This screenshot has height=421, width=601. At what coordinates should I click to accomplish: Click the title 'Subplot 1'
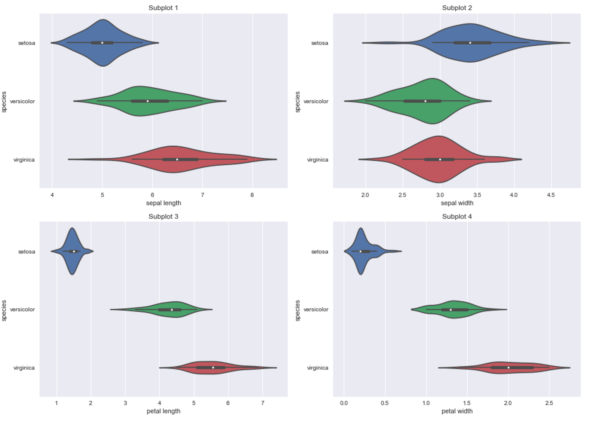point(163,8)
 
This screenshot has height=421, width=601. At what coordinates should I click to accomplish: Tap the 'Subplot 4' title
point(457,216)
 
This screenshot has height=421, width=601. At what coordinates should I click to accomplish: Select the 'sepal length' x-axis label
point(163,203)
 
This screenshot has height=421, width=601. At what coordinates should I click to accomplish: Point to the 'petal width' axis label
point(457,411)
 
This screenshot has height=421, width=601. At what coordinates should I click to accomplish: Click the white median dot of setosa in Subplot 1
point(102,43)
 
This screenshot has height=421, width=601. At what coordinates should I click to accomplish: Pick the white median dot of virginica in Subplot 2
point(440,159)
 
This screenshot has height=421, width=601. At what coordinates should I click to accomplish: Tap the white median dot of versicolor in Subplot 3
point(172,310)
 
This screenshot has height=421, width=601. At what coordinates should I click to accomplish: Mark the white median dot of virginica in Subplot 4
point(508,368)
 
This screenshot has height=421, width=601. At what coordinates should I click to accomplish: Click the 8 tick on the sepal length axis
point(252,195)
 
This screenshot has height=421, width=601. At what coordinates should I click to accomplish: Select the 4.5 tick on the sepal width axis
point(551,195)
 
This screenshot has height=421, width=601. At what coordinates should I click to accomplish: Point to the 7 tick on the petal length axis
point(263,403)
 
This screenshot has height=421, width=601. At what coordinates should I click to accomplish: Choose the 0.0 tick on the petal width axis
point(344,403)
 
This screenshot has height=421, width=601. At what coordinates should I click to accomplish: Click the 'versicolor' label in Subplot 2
point(316,101)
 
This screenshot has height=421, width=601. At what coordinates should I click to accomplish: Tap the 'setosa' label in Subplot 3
point(26,252)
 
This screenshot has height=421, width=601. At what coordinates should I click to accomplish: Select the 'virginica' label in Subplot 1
point(24,160)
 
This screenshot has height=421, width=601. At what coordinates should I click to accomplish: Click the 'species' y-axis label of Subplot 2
point(297,102)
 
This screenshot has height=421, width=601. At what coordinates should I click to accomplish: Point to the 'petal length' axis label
point(163,411)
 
